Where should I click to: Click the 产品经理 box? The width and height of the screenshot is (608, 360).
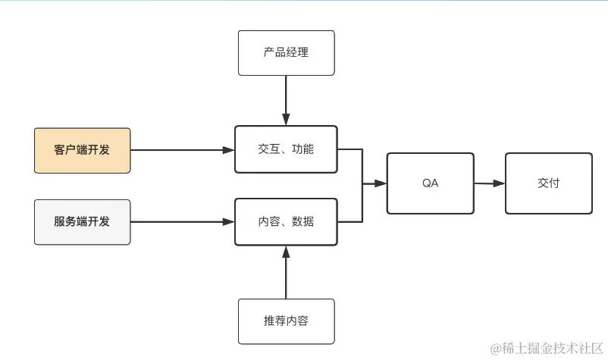[286, 53]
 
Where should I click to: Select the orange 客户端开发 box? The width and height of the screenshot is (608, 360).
[83, 150]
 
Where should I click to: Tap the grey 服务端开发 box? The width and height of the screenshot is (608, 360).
[83, 221]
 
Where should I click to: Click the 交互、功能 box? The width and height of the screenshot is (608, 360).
[286, 149]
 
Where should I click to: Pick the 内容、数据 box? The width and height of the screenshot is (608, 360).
[286, 222]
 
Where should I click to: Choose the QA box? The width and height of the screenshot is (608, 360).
[430, 183]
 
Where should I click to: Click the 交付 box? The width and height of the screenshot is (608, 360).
[548, 183]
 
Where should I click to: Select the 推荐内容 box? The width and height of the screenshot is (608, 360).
[286, 321]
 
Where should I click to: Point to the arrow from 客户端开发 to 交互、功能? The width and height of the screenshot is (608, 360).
[182, 150]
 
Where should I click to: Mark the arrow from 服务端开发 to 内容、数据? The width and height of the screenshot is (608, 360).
[182, 222]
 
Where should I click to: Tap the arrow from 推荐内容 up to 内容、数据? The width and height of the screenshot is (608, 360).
[286, 273]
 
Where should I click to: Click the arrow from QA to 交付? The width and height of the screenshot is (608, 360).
[489, 183]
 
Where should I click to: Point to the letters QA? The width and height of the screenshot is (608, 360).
[430, 183]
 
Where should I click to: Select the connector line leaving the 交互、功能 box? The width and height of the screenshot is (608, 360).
[350, 149]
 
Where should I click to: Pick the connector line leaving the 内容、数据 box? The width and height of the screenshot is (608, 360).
[350, 222]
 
